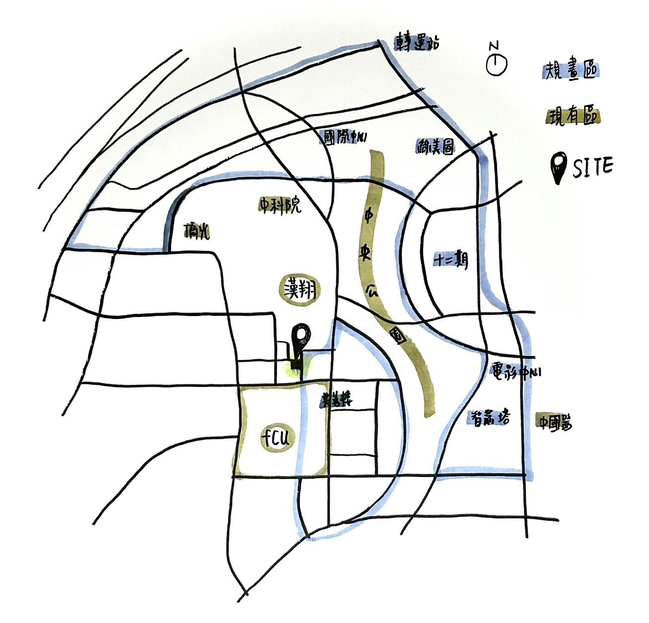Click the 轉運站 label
[x=417, y=43]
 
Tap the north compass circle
[x=496, y=65]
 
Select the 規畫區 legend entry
[x=571, y=72]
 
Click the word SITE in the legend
[x=593, y=168]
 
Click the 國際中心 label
[x=345, y=138]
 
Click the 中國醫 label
[x=554, y=423]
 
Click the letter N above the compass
[x=494, y=46]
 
